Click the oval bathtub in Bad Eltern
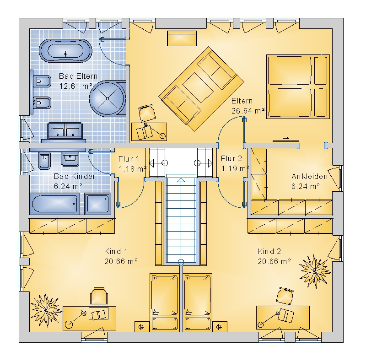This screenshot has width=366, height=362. tap(65, 51)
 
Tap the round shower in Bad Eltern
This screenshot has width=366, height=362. tap(108, 98)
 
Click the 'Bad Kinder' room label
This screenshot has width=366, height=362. tap(75, 176)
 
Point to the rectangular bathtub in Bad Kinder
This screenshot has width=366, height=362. tap(54, 203)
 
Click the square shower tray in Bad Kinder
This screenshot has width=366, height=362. tap(97, 203)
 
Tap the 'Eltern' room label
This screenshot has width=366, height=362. tap(242, 101)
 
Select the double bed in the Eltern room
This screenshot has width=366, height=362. tap(298, 86)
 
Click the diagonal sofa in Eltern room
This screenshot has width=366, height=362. tap(201, 89)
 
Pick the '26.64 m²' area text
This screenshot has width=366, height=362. tap(248, 111)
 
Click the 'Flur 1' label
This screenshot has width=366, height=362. tap(129, 159)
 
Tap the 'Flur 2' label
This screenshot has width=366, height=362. tap(231, 159)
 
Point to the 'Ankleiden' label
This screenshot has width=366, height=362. tap(310, 176)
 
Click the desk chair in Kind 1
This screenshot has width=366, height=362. tap(99, 296)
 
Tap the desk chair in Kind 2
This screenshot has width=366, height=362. tap(285, 297)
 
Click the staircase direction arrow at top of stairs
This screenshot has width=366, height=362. tap(181, 180)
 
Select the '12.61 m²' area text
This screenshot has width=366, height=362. tap(76, 86)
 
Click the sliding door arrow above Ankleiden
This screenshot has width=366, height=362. tap(286, 138)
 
